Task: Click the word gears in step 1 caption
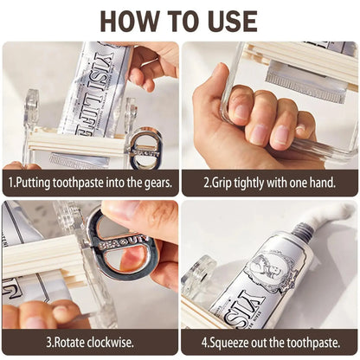click(151, 183)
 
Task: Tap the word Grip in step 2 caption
click(224, 183)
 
